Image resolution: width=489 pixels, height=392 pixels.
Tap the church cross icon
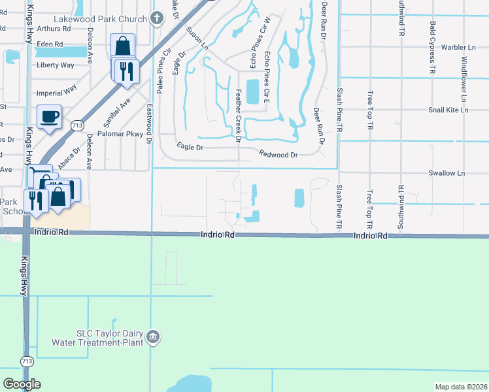[156, 18]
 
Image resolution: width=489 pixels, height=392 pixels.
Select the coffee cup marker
[50, 118]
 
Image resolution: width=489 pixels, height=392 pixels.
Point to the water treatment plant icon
[153, 337]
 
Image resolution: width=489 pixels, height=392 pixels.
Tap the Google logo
[22, 384]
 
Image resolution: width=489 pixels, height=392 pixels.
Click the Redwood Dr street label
[278, 155]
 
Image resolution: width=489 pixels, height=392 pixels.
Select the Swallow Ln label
[446, 173]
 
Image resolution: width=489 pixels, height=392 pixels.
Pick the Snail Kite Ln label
[448, 110]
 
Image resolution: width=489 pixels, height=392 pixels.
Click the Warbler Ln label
[458, 48]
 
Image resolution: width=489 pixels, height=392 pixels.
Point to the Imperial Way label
[56, 87]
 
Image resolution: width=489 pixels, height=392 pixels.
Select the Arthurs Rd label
[54, 29]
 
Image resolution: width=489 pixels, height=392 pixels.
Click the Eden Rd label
[50, 44]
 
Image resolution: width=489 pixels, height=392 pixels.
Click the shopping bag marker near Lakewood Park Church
[123, 46]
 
